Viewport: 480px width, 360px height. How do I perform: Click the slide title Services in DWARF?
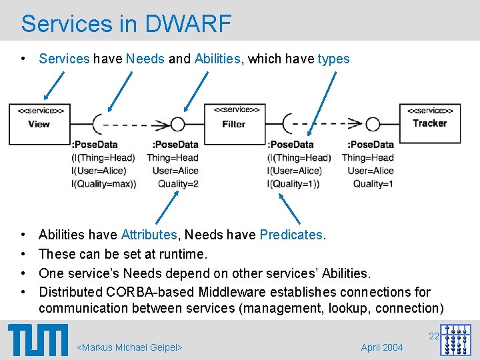tap(126, 24)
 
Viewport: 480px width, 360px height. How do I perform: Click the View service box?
tap(39, 123)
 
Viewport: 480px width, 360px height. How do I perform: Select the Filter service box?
tap(233, 123)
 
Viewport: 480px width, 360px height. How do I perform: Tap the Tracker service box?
tap(429, 123)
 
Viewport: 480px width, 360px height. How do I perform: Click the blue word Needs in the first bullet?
tap(145, 59)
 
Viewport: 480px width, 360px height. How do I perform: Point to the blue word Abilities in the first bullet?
tap(217, 59)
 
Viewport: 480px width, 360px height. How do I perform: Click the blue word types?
tap(333, 59)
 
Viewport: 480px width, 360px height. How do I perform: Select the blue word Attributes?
tap(149, 235)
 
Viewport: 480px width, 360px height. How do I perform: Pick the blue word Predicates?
tap(291, 235)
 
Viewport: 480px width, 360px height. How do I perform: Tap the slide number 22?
tap(433, 336)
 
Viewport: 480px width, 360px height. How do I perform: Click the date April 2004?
tap(382, 347)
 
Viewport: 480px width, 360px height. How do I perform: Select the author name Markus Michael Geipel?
tap(130, 347)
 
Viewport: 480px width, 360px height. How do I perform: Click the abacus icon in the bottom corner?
tap(455, 340)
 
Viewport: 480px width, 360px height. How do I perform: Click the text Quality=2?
tap(178, 184)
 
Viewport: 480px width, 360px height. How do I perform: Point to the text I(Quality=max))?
tap(103, 184)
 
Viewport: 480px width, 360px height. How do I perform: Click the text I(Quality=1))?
tap(294, 184)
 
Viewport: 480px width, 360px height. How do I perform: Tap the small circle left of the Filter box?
tap(177, 124)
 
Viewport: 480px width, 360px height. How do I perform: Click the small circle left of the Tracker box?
tap(373, 124)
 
